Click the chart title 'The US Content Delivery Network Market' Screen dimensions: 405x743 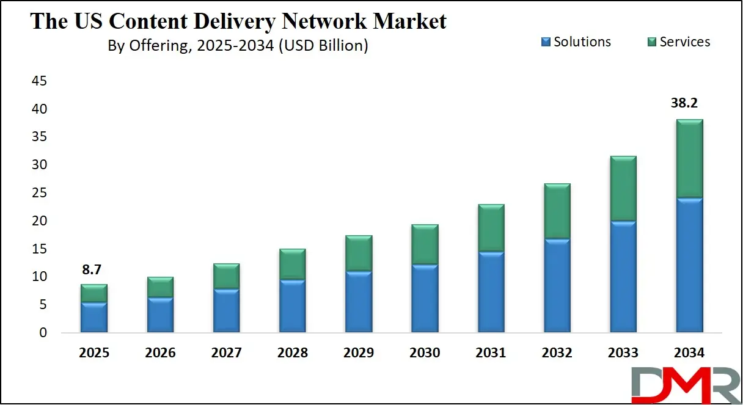[x=238, y=21]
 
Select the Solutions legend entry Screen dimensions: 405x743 [x=576, y=42]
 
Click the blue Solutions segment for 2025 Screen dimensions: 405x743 [x=93, y=317]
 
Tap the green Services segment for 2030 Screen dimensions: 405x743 [x=425, y=244]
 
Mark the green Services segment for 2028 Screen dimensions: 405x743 [x=292, y=264]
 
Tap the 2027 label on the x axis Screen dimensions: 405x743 [x=226, y=353]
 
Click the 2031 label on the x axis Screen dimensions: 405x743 [x=491, y=353]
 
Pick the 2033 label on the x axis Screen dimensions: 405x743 [x=623, y=353]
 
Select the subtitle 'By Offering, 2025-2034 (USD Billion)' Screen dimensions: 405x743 [x=238, y=46]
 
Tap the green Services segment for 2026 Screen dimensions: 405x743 [x=160, y=287]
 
